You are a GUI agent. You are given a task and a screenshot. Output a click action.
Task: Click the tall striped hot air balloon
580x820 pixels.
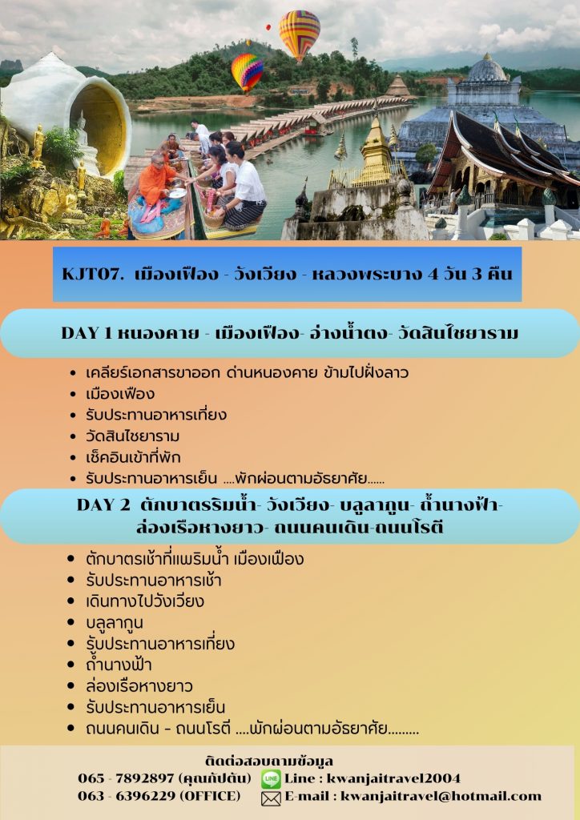(299, 34)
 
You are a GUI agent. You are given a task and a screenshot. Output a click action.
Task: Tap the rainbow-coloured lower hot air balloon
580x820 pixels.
(247, 72)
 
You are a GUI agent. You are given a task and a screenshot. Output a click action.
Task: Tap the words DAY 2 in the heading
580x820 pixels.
(103, 504)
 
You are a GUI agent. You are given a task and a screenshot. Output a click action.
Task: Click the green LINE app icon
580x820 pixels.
(271, 779)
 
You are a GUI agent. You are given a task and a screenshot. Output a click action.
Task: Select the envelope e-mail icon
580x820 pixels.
(271, 798)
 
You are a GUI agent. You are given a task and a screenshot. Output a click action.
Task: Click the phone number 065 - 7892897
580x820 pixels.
(126, 778)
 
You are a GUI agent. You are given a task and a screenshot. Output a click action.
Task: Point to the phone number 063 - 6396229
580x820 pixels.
(126, 796)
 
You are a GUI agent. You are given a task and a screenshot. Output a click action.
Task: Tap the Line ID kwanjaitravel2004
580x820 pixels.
(393, 778)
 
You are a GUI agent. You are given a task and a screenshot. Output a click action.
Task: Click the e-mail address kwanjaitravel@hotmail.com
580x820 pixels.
(441, 797)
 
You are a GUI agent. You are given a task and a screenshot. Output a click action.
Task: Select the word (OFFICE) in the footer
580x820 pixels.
(210, 796)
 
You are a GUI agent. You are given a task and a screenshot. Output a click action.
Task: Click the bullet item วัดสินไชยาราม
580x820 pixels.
(132, 436)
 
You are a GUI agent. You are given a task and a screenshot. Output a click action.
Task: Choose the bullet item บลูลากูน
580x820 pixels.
(115, 623)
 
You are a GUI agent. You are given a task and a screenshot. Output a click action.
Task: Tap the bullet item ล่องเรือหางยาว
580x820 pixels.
(139, 685)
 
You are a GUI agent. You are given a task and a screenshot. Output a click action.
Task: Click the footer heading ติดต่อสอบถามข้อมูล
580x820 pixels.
(269, 761)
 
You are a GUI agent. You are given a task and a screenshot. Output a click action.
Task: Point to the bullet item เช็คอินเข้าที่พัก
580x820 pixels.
(133, 457)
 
